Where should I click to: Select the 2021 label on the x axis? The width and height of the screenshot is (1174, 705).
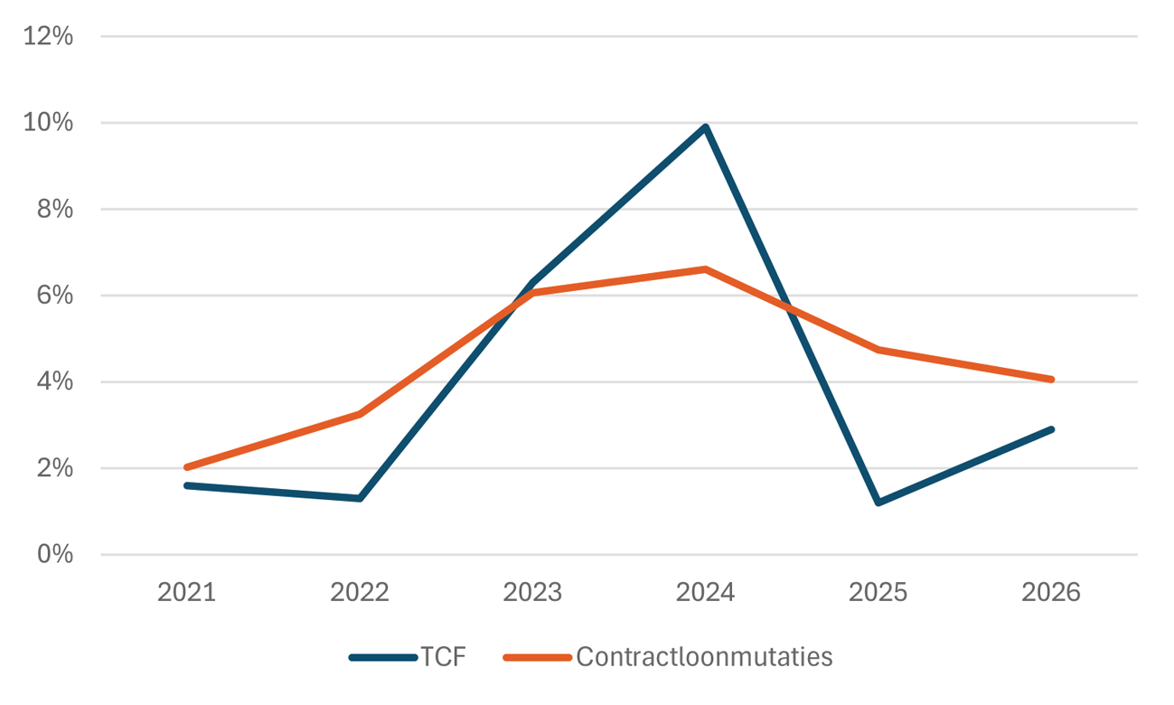click(x=186, y=593)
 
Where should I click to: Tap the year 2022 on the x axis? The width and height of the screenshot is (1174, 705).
click(x=360, y=593)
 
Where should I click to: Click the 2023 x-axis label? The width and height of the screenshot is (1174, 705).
click(x=532, y=593)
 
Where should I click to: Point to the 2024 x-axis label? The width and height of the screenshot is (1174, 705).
click(x=705, y=593)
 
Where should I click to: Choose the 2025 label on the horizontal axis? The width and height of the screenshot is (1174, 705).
click(x=878, y=593)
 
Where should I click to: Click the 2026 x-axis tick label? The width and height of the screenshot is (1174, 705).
click(x=1051, y=593)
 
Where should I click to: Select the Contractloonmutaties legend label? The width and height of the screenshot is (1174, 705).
click(x=703, y=657)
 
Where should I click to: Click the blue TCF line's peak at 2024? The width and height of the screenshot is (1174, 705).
click(x=705, y=127)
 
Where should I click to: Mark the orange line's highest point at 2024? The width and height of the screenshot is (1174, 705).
click(x=705, y=269)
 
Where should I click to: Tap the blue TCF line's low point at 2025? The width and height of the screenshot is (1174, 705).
click(x=878, y=503)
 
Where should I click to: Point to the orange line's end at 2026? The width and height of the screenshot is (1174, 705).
click(x=1051, y=380)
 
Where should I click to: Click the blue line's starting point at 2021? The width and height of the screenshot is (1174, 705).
click(x=186, y=485)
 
